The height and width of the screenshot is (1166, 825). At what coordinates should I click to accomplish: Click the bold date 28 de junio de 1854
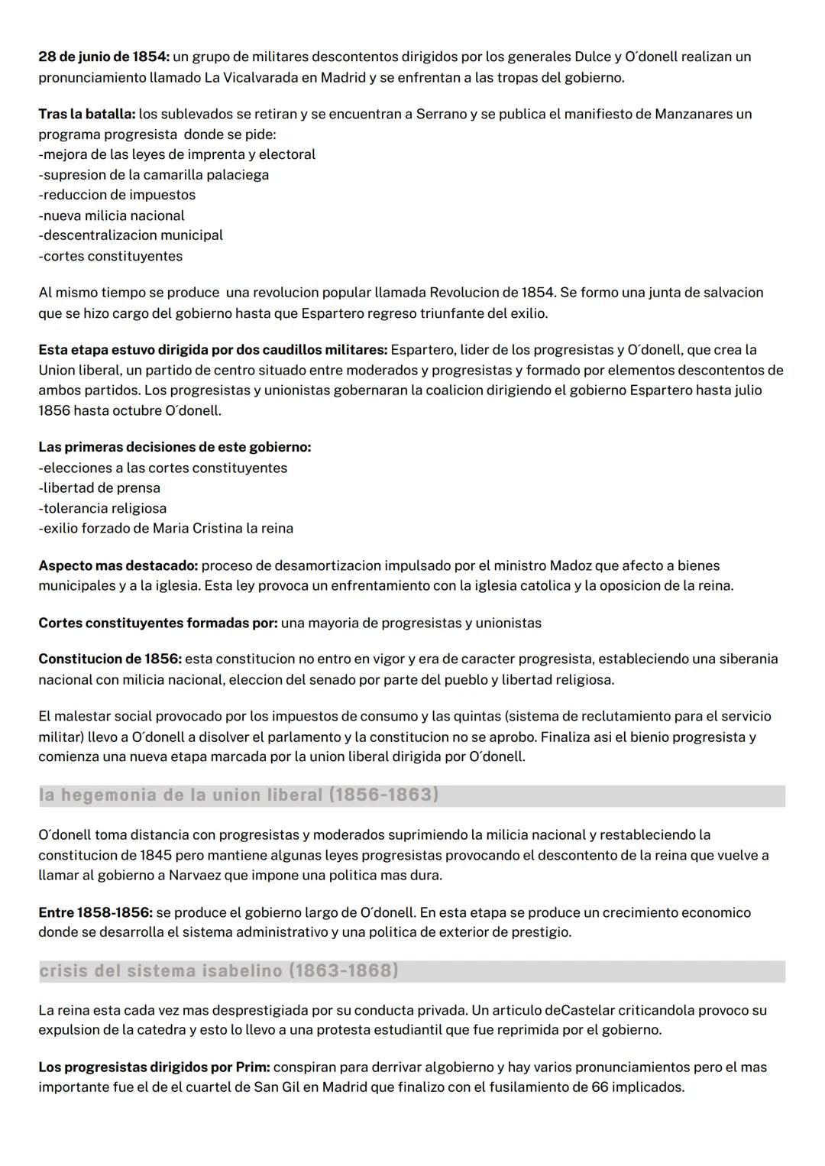[x=104, y=57]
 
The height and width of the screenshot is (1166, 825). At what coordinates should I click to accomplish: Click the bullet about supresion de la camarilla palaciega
[x=154, y=175]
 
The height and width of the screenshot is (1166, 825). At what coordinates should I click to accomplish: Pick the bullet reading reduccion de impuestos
[x=117, y=196]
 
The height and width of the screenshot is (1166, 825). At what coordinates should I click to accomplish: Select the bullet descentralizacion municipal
[x=131, y=235]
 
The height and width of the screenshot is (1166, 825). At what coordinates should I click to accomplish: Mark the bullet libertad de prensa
[x=99, y=488]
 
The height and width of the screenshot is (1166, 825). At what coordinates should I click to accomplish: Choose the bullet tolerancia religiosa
[x=102, y=508]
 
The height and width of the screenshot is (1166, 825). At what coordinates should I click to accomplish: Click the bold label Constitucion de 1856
[x=109, y=659]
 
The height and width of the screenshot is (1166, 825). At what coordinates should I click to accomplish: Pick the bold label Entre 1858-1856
[x=95, y=913]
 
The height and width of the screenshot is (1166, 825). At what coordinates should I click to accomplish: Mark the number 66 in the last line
[x=600, y=1087]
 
